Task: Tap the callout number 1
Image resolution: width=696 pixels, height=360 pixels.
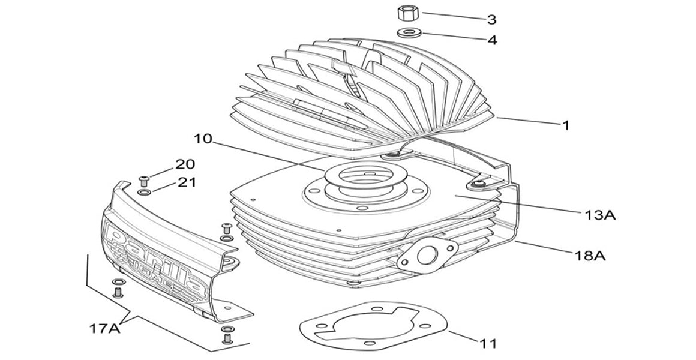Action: coord(565,125)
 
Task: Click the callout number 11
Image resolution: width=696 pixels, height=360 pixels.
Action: coord(488,344)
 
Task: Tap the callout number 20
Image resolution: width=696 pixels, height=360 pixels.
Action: coord(185,164)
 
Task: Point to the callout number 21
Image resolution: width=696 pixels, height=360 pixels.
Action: coord(185,182)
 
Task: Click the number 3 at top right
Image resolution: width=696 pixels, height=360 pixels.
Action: coord(491,19)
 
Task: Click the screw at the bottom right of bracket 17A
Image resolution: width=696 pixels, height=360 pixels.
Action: coord(227,338)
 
